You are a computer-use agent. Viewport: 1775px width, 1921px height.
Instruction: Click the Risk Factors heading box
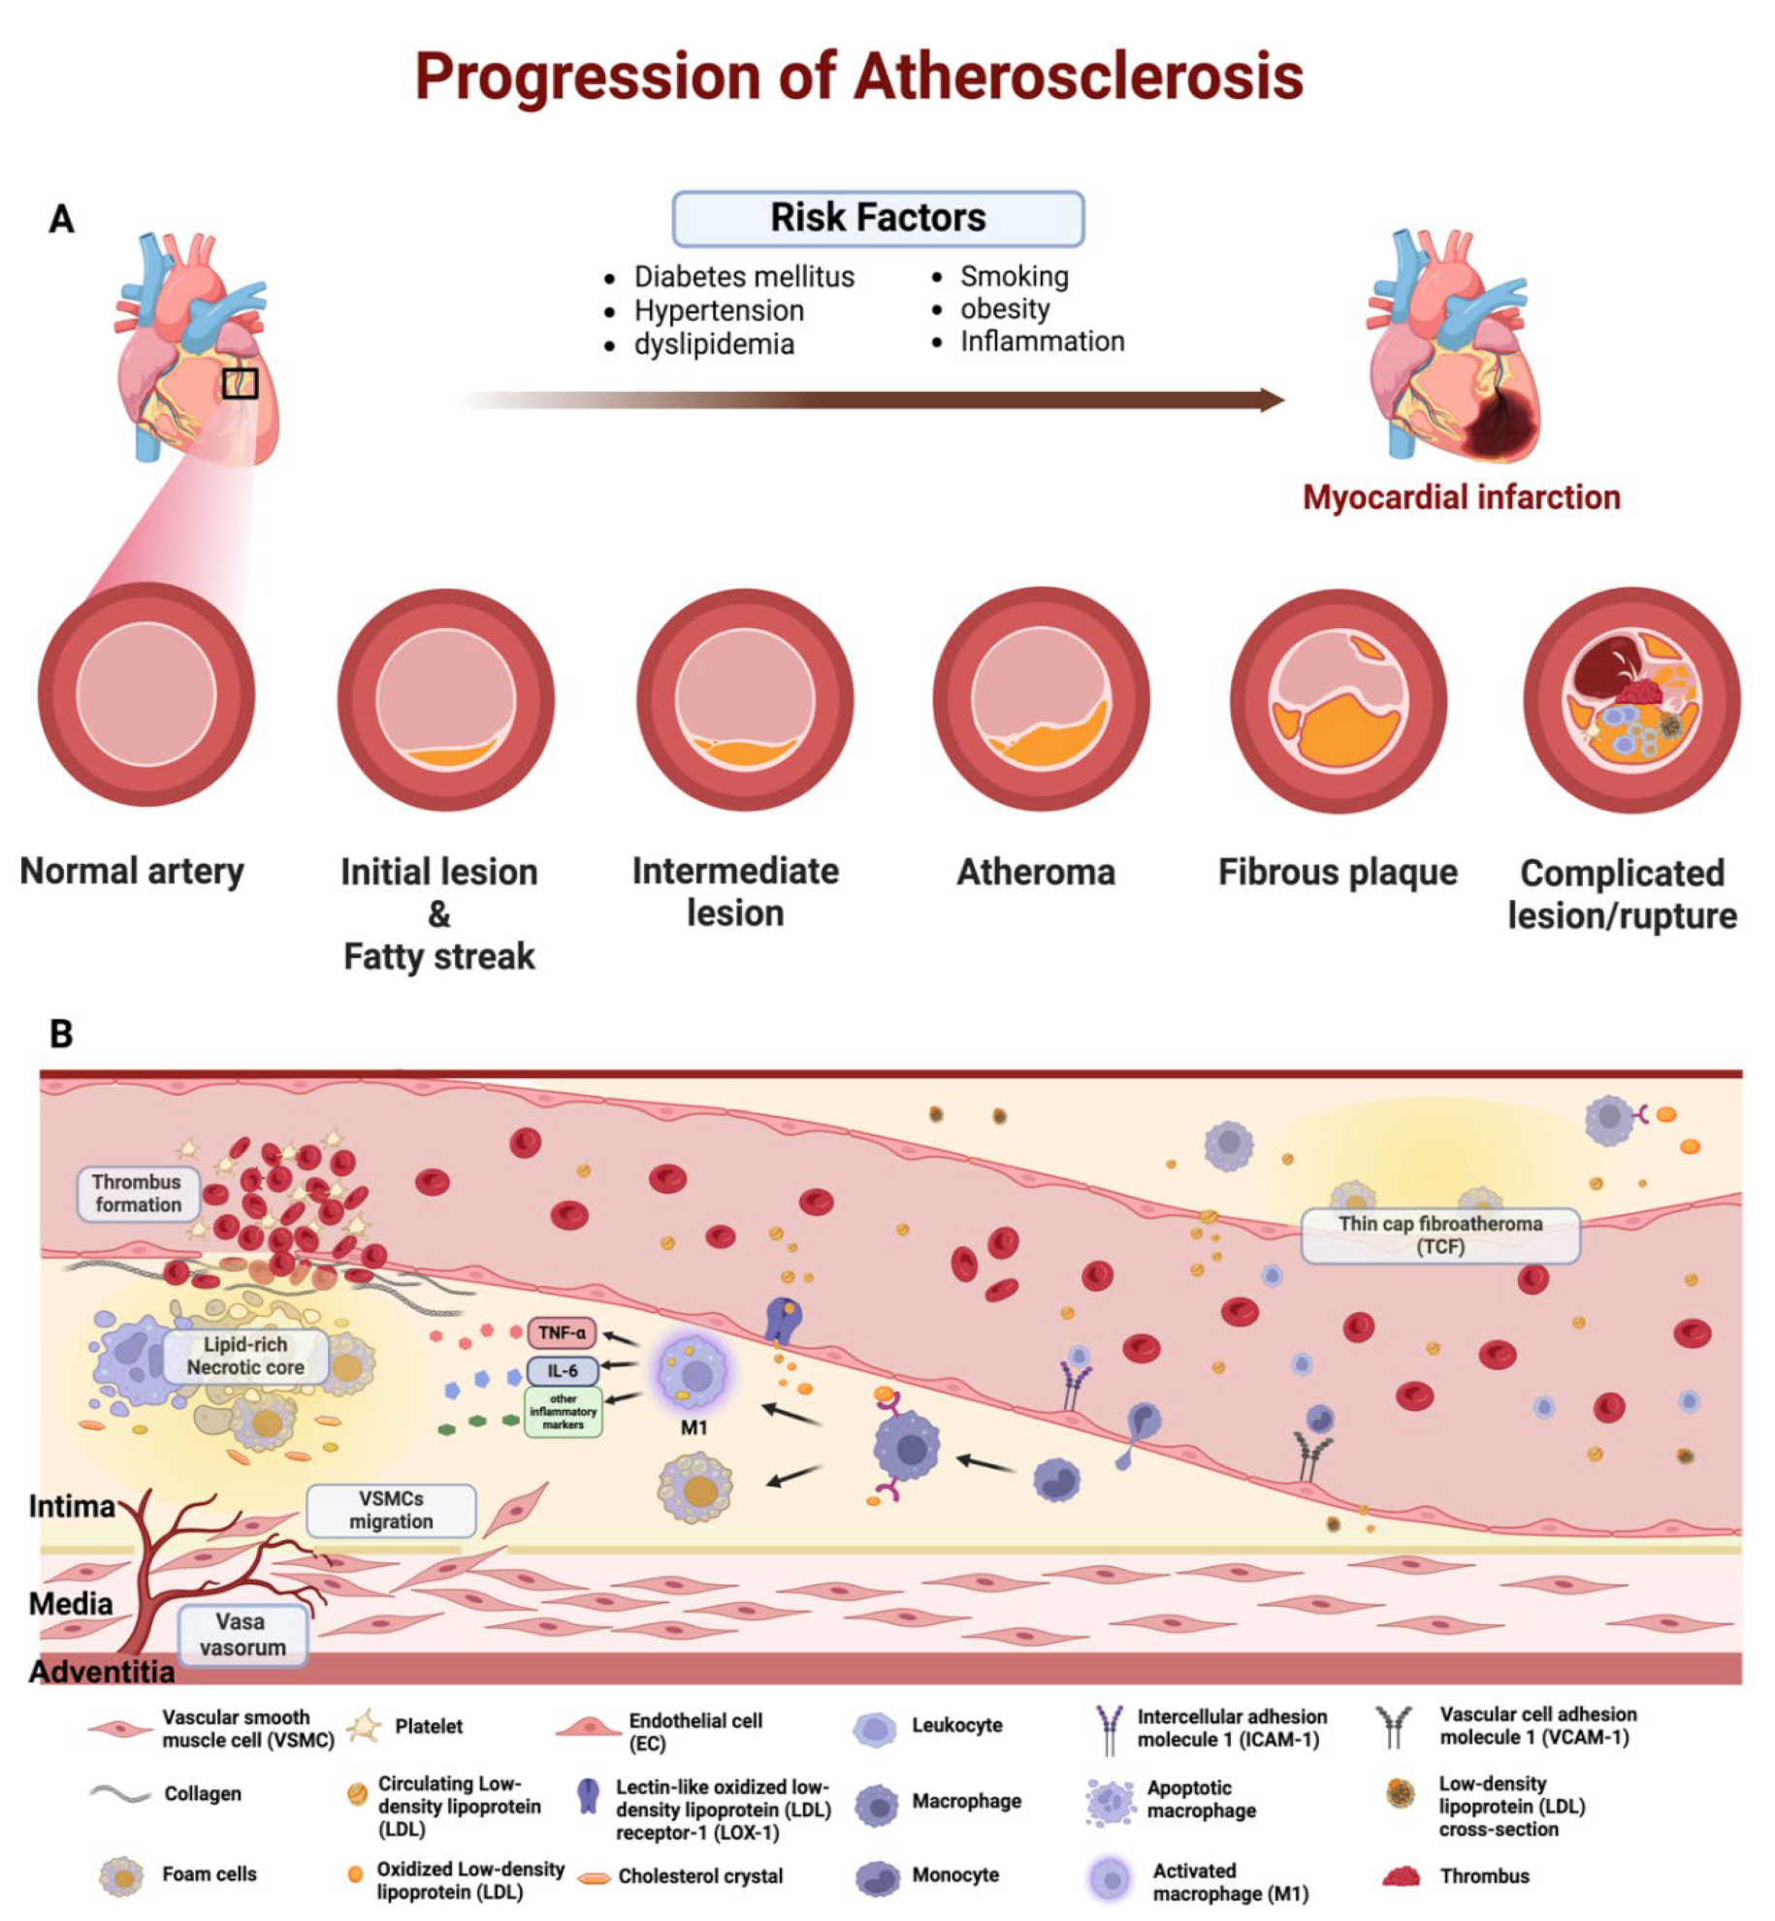tap(877, 218)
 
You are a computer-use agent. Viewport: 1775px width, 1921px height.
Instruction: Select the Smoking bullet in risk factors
tap(1014, 276)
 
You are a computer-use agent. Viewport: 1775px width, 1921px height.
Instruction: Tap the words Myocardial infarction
tap(1460, 497)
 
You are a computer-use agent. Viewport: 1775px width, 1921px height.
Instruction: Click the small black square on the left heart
tap(240, 383)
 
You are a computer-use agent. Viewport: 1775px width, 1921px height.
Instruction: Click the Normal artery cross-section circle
tap(145, 694)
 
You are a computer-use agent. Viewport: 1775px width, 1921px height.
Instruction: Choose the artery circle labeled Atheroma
tap(1041, 698)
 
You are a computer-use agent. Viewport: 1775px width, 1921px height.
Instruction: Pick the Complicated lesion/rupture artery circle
tap(1631, 700)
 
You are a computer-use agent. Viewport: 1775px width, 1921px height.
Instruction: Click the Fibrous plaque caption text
tap(1337, 872)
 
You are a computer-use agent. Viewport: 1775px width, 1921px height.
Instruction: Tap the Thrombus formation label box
tap(138, 1193)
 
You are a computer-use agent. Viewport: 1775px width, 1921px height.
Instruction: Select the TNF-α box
tap(562, 1332)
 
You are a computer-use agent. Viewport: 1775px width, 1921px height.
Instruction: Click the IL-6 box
tap(562, 1370)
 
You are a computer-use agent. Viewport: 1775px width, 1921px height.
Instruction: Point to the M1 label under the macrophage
tap(694, 1427)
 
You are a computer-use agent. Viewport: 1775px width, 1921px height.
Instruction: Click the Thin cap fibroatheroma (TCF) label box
tap(1439, 1235)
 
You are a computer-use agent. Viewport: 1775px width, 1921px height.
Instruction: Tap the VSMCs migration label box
tap(391, 1510)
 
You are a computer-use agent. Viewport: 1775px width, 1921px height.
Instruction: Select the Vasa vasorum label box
tap(242, 1634)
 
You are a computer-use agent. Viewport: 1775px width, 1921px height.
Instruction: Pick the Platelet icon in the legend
tap(364, 1727)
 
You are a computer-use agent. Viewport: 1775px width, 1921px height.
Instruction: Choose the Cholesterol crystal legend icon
tap(593, 1877)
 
